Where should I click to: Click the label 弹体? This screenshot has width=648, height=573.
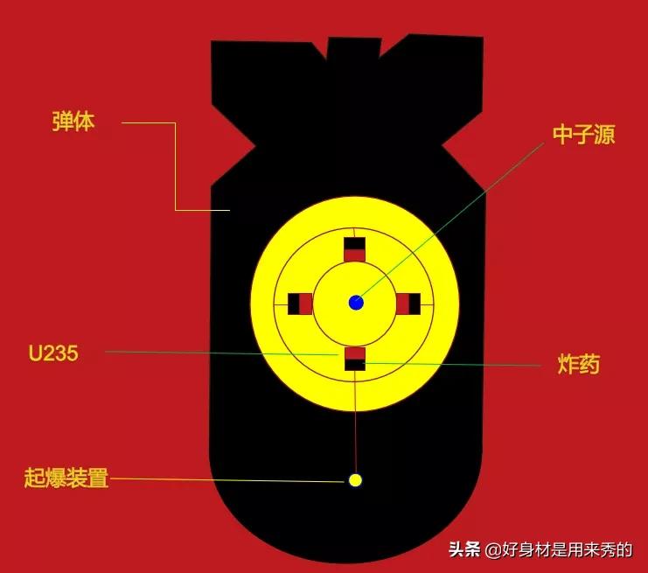[73, 122]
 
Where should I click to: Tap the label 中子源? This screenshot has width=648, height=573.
[583, 135]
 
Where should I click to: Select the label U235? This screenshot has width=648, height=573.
[52, 353]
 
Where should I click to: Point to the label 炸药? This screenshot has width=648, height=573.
[578, 365]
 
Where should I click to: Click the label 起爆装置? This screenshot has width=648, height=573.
[66, 479]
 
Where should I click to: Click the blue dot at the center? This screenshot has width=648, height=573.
[356, 303]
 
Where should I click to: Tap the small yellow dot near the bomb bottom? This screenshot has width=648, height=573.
[355, 479]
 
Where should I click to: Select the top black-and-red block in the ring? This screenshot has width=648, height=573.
[354, 249]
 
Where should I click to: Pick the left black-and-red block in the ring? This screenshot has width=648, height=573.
[300, 304]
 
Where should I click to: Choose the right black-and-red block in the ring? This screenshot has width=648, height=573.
[408, 304]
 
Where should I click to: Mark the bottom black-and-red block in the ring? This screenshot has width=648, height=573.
[354, 358]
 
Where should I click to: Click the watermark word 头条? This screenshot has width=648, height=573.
[464, 550]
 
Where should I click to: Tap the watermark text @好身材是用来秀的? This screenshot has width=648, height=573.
[559, 550]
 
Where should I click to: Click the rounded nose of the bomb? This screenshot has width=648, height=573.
[345, 534]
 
